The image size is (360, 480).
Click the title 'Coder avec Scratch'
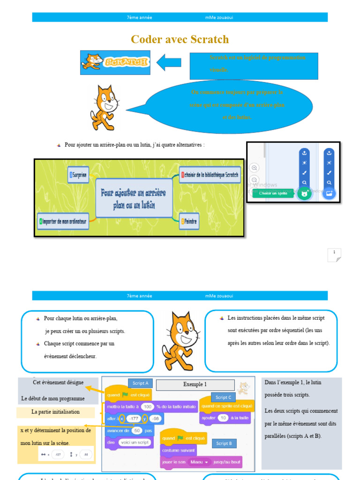[180, 39]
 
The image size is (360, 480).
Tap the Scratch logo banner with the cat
[115, 62]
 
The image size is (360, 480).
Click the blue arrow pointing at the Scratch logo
[169, 62]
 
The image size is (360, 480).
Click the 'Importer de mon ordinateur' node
[63, 221]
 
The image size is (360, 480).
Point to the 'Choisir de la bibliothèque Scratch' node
[210, 175]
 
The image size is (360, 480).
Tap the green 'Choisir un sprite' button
[273, 193]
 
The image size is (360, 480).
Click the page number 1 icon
[334, 254]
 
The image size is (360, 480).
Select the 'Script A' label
[140, 383]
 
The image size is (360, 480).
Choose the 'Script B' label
[224, 443]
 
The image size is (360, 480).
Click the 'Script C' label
[223, 397]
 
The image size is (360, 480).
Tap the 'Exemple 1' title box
[195, 384]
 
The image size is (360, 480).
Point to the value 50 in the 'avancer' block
[136, 431]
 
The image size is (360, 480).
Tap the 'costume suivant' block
[178, 450]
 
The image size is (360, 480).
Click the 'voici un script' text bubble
[134, 442]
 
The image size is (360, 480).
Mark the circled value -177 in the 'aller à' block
[134, 418]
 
